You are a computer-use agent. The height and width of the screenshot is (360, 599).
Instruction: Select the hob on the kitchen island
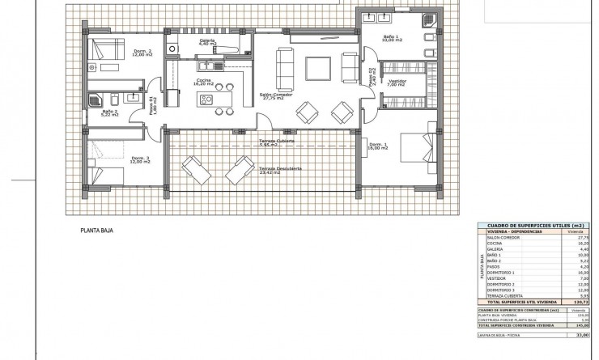tap(206, 100)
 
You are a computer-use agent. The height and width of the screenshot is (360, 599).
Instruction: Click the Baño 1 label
tap(391, 37)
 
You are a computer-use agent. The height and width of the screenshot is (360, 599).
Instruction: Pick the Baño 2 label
tap(110, 112)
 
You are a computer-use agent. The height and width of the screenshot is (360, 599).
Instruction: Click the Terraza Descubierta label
tap(280, 169)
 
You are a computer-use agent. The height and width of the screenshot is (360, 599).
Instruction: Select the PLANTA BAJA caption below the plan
tap(96, 231)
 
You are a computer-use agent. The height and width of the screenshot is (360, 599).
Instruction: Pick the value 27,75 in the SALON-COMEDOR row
tap(578, 237)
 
